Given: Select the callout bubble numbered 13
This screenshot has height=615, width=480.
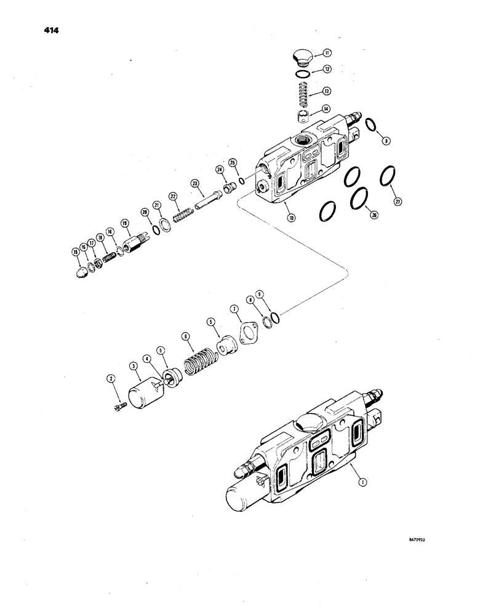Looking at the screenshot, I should tap(327, 91).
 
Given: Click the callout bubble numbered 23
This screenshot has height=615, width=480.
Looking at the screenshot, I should tap(194, 183).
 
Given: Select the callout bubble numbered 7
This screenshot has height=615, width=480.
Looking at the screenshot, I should tap(234, 307).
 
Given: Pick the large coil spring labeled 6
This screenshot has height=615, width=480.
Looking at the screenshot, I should tap(199, 363).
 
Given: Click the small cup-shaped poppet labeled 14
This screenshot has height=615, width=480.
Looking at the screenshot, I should tap(302, 116).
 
